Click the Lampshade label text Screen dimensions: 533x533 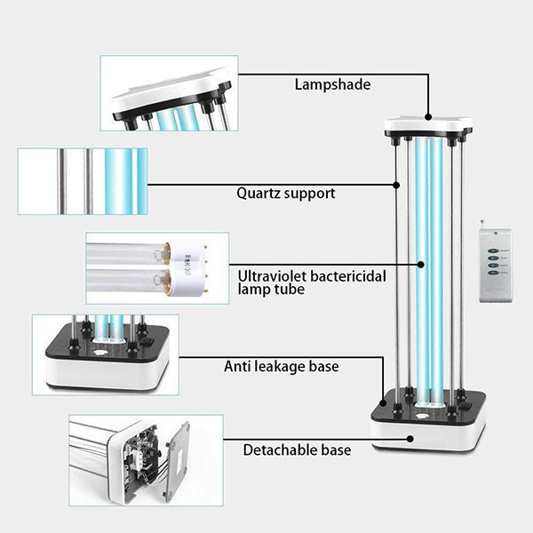pos(332,85)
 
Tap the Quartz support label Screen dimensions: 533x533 pos(286,193)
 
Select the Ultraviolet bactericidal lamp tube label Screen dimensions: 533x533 pos(312,282)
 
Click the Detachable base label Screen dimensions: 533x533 pos(297,450)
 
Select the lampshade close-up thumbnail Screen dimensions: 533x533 pos(169,93)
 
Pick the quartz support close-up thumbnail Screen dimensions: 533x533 pos(82,181)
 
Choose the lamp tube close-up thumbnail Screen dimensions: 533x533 pos(157,268)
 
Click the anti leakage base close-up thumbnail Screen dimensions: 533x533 pos(106,354)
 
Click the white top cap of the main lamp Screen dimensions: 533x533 pos(427,125)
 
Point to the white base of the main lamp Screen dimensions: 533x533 pos(427,433)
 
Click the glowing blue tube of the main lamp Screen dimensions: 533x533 pos(424,266)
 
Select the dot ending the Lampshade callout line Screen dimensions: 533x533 pos(428,115)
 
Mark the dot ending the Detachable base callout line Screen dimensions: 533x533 pos(410,438)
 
